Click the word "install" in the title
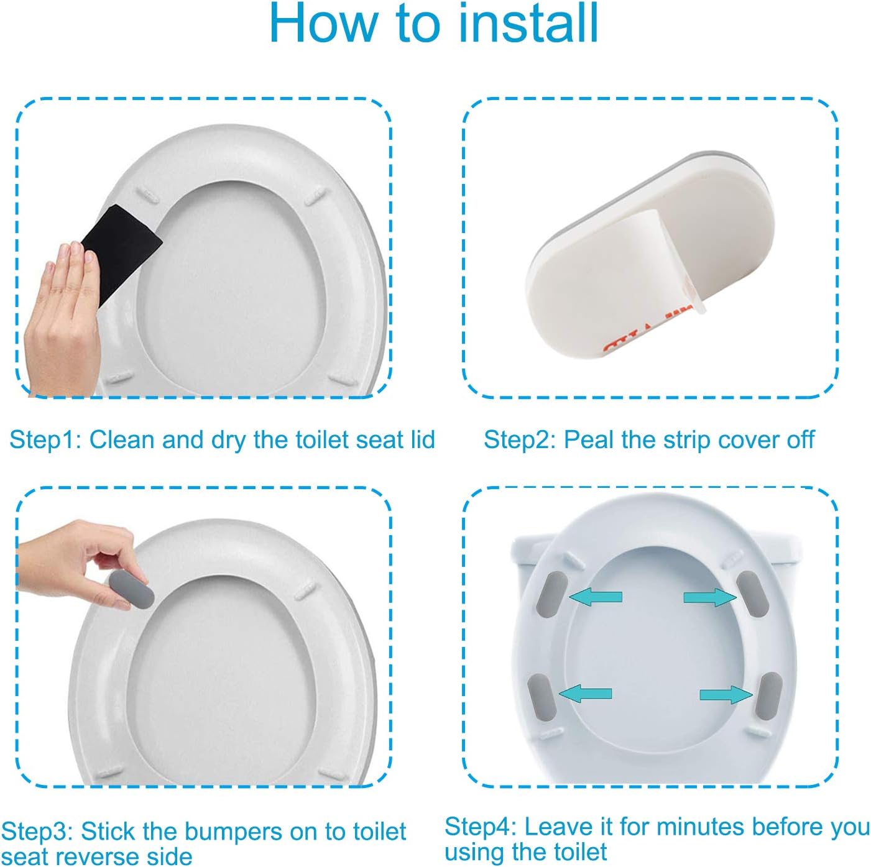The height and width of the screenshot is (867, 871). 528,23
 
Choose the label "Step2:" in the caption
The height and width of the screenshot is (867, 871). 520,440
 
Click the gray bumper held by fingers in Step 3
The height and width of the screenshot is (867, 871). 132,590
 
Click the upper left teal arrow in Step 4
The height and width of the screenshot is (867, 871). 596,597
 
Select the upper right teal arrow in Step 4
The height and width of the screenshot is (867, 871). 710,597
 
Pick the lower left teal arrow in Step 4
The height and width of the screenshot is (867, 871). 585,706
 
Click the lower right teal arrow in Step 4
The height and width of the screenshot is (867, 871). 726,707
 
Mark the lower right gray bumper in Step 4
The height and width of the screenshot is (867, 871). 769,708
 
